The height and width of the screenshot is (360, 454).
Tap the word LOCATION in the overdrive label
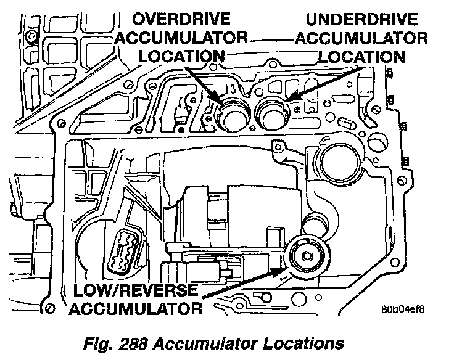tap(181, 56)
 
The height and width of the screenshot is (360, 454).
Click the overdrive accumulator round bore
tap(234, 115)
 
